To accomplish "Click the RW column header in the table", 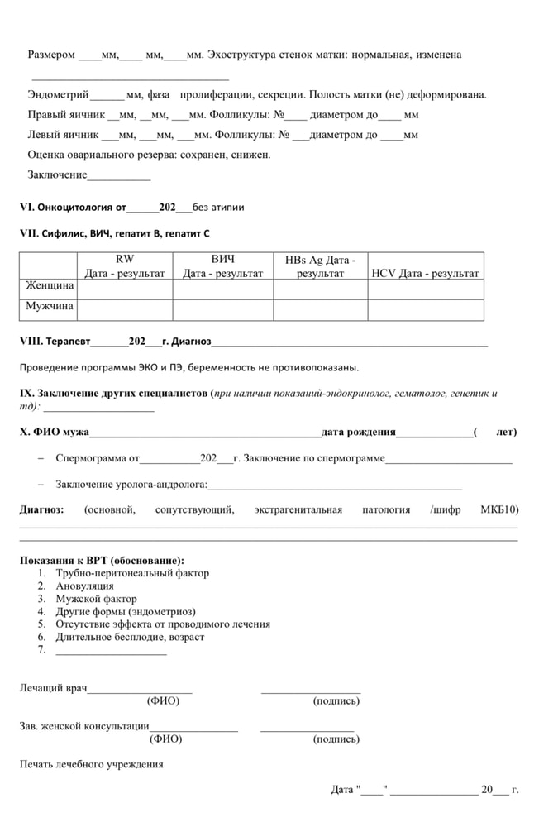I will click(124, 265).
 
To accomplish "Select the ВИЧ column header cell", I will click(222, 265).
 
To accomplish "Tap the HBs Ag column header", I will click(320, 265).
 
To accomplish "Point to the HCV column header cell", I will click(425, 273).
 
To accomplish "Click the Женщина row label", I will click(50, 286).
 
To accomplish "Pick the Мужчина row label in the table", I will click(50, 306).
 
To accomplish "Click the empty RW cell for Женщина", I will click(124, 289).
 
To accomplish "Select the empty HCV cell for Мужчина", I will click(425, 309).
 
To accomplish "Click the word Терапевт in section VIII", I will click(66, 341).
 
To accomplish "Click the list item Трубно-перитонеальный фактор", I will click(132, 572).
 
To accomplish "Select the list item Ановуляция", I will click(84, 586).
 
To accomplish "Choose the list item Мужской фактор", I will click(96, 599).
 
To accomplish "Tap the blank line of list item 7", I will click(111, 650).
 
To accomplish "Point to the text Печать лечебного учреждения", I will click(91, 764).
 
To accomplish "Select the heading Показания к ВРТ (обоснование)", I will click(102, 560).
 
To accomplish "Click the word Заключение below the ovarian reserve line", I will click(57, 174).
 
